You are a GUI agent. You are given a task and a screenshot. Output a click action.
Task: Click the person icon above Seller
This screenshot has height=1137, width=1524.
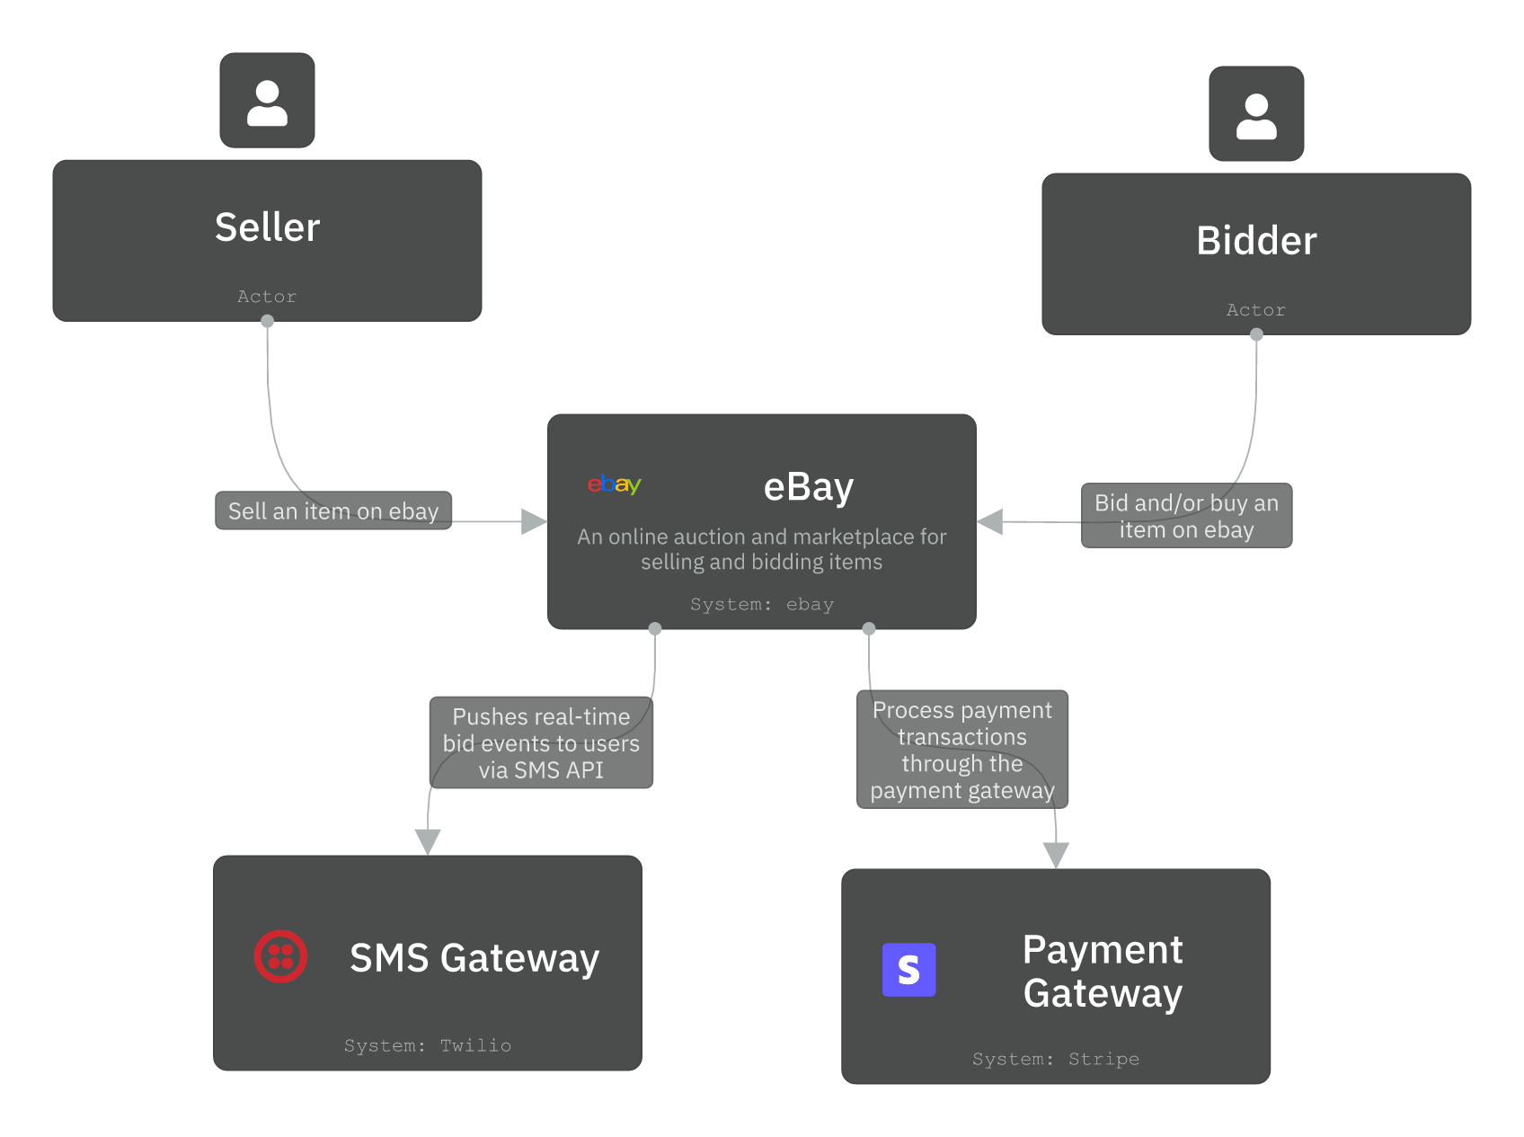tap(267, 102)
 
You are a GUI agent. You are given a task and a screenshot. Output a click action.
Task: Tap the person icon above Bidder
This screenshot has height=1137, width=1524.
tap(1255, 115)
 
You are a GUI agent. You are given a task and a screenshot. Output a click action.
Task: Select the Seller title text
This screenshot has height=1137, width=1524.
tap(267, 227)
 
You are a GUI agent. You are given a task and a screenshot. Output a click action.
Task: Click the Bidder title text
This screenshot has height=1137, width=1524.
tap(1255, 241)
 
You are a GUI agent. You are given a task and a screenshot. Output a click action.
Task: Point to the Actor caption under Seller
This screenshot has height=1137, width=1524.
tap(267, 297)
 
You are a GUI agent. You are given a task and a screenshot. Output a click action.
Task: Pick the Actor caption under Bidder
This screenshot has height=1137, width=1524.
tap(1255, 310)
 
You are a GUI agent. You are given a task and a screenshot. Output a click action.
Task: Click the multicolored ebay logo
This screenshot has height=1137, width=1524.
tap(614, 484)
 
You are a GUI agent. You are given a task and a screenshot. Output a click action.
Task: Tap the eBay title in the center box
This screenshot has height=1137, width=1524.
tap(808, 487)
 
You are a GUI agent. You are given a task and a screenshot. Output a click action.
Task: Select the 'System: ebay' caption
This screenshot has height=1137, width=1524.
tap(761, 605)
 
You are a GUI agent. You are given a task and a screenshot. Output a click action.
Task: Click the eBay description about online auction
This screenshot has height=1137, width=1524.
tap(761, 549)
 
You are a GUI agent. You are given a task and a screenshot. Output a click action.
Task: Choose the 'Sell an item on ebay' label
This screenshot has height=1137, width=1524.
tap(332, 511)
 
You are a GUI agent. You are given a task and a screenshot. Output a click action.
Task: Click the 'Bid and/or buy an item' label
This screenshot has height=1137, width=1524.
tap(1185, 516)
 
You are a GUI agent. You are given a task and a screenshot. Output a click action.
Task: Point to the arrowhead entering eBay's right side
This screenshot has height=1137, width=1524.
tap(990, 521)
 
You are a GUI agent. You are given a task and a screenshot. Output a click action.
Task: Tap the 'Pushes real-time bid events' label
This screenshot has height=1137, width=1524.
tap(541, 743)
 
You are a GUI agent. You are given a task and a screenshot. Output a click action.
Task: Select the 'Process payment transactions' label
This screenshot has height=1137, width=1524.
tap(961, 750)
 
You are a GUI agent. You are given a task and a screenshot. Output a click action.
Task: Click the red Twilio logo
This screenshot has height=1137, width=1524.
tap(280, 956)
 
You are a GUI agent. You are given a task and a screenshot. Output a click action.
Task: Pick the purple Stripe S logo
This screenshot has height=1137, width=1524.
tap(908, 970)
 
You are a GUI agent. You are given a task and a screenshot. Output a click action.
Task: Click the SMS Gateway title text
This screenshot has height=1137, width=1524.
tap(474, 958)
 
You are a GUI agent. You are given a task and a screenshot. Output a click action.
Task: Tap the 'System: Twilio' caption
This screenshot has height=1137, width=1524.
tap(427, 1046)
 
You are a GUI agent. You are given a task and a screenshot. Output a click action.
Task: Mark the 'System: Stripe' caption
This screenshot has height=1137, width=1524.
tap(1055, 1060)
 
